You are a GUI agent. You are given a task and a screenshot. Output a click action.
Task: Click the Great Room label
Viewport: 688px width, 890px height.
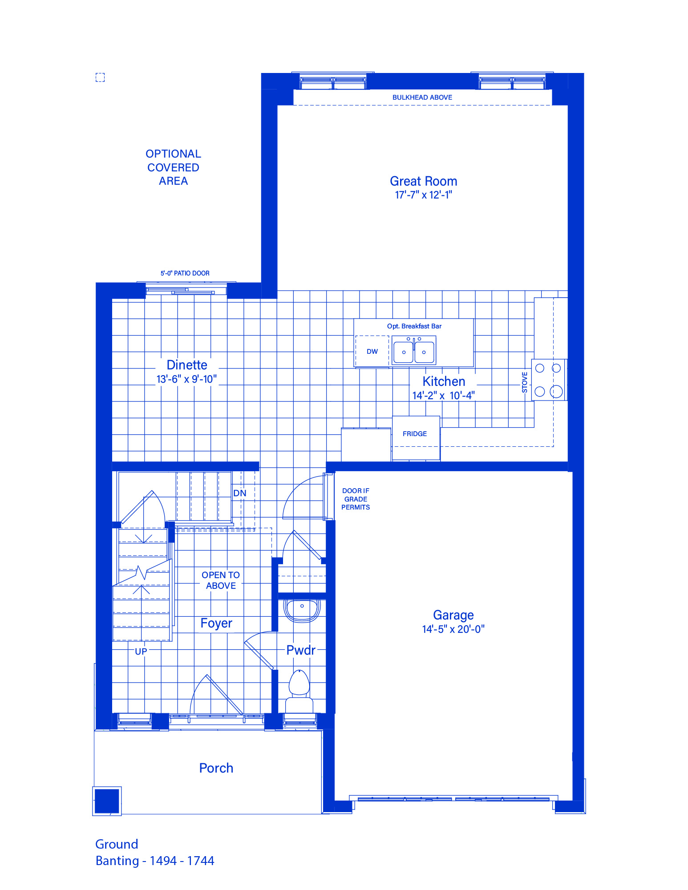(x=423, y=181)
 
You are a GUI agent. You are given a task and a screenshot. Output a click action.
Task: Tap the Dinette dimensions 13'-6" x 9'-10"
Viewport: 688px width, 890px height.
(x=186, y=379)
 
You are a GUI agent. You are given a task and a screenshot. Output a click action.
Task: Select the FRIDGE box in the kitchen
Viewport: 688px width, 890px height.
(x=416, y=438)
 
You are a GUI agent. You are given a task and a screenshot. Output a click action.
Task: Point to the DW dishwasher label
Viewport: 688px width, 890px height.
(x=372, y=352)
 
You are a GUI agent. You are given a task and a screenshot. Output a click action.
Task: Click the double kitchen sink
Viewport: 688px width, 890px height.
(x=414, y=350)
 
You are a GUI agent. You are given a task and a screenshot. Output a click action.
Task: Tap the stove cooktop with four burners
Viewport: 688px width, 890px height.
(x=548, y=380)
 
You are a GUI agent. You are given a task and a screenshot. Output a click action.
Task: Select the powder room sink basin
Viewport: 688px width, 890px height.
(x=302, y=610)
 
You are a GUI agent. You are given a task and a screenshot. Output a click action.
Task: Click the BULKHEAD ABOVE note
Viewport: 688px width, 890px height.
(x=422, y=97)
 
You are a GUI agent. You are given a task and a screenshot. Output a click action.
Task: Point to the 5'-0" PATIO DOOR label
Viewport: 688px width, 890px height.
(x=185, y=273)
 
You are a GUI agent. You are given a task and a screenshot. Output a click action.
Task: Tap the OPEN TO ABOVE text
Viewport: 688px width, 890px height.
(x=221, y=580)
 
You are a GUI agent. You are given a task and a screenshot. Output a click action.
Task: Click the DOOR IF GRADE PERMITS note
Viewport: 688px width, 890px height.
(x=356, y=499)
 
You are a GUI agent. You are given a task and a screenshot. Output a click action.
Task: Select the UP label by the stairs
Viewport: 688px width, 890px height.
(x=141, y=651)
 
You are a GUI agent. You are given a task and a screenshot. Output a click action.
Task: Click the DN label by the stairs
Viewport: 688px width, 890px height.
(x=239, y=493)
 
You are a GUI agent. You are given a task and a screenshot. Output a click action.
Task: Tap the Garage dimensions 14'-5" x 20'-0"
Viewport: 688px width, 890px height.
(x=453, y=629)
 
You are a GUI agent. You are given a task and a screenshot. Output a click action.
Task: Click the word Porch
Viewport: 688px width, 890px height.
(x=216, y=768)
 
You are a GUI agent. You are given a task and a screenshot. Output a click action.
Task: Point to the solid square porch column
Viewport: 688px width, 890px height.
(x=107, y=801)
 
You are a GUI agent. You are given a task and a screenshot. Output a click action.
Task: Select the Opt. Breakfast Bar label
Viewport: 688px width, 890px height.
(x=414, y=326)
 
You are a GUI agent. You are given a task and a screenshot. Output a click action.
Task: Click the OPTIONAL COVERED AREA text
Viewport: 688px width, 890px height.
(x=173, y=167)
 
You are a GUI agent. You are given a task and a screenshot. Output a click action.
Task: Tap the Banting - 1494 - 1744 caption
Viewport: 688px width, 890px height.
(x=155, y=861)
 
